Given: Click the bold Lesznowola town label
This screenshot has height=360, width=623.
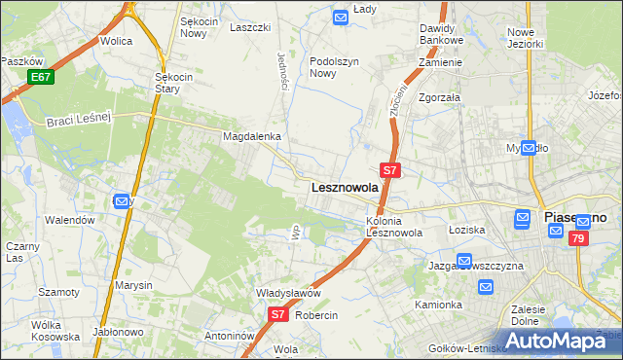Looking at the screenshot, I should pyautogui.click(x=344, y=188).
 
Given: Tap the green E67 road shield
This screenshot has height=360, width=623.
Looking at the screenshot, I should pyautogui.click(x=40, y=77).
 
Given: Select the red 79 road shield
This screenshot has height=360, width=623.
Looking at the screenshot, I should pyautogui.click(x=579, y=238).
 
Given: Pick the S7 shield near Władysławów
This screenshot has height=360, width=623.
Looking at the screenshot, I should pyautogui.click(x=277, y=314).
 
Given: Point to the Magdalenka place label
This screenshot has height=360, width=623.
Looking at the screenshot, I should pyautogui.click(x=251, y=137).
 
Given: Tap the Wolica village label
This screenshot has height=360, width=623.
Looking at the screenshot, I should pyautogui.click(x=116, y=42).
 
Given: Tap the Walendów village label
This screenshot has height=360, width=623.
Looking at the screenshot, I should pyautogui.click(x=70, y=220).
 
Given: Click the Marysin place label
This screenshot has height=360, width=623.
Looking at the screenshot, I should pyautogui.click(x=133, y=285).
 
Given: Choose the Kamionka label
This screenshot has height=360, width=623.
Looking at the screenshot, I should pyautogui.click(x=438, y=305).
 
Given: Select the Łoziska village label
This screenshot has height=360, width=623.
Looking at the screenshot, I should pyautogui.click(x=466, y=230).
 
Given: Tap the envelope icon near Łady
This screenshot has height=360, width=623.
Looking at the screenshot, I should pyautogui.click(x=340, y=17).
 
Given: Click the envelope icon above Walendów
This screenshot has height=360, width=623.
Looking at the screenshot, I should pyautogui.click(x=122, y=201).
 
